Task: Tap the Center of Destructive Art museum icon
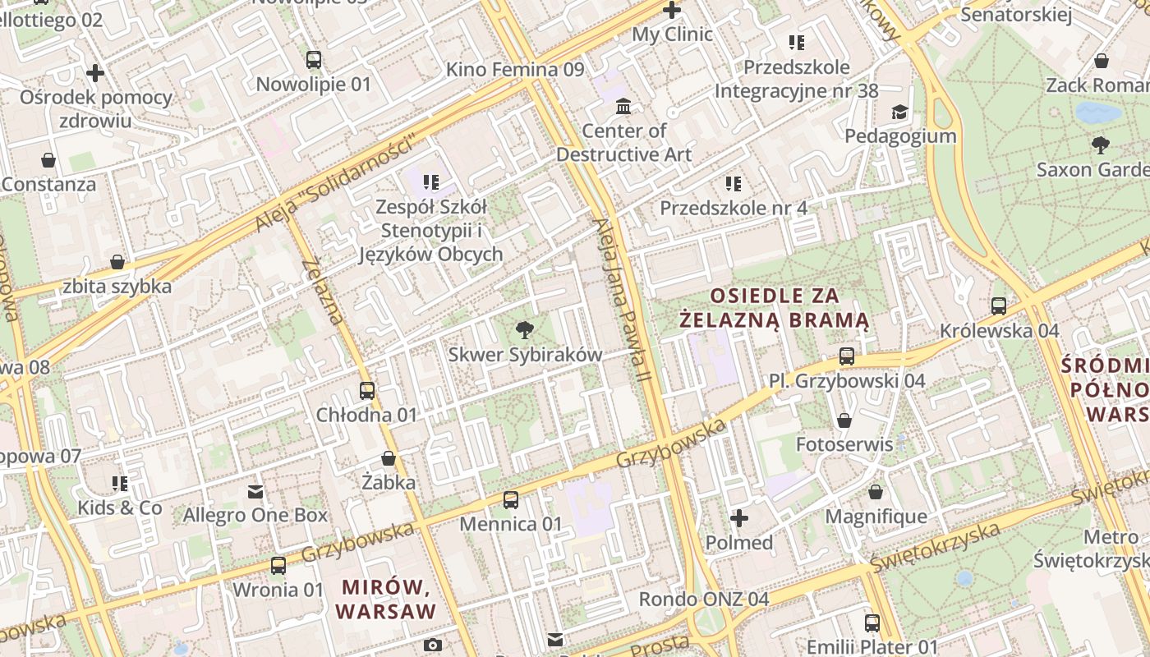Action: click(x=623, y=106)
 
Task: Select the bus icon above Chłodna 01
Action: click(x=367, y=391)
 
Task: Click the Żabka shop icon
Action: click(x=389, y=458)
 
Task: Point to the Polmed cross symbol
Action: click(x=739, y=518)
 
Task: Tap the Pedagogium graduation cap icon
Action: click(x=900, y=112)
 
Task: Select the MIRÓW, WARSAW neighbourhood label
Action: click(x=385, y=600)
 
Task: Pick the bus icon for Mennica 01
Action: click(x=511, y=499)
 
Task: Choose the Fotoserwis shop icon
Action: click(x=844, y=420)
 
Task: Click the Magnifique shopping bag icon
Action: click(x=876, y=492)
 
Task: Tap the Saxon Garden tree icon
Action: click(x=1101, y=145)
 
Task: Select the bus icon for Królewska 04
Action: click(x=999, y=306)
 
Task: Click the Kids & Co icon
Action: click(x=120, y=483)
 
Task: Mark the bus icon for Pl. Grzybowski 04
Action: click(x=847, y=356)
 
